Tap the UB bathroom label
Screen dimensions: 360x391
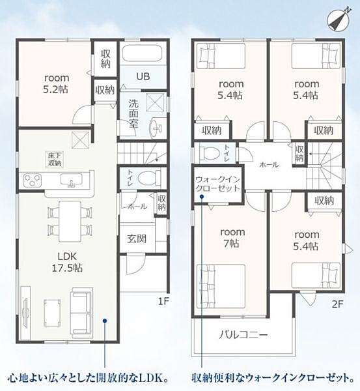(x=143, y=76)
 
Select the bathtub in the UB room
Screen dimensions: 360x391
(x=143, y=53)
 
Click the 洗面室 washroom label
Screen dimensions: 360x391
(x=133, y=113)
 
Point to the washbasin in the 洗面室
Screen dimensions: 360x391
(x=156, y=128)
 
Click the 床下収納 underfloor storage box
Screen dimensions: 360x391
(x=55, y=160)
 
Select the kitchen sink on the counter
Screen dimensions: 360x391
(x=71, y=180)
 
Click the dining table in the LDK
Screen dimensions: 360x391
(x=70, y=221)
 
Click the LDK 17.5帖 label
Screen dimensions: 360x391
(x=67, y=263)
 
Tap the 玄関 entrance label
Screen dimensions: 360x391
(x=137, y=239)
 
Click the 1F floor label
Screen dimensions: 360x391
(x=163, y=301)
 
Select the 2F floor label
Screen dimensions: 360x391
(x=338, y=304)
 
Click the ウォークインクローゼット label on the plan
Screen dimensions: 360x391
(x=217, y=184)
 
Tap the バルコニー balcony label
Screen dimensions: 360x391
(x=243, y=334)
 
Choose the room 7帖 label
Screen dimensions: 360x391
(x=232, y=238)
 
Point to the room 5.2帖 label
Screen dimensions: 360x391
(x=56, y=84)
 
